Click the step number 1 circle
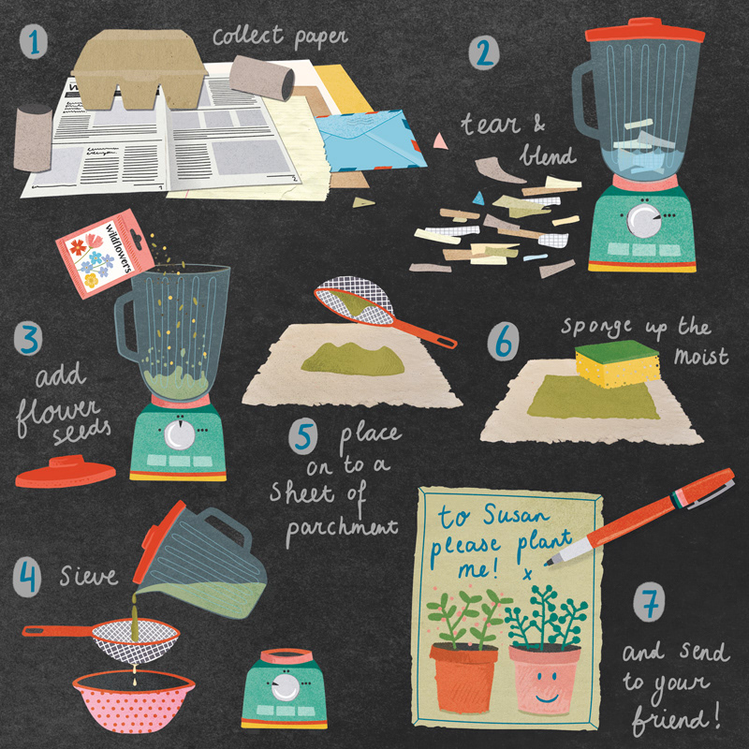(x=34, y=42)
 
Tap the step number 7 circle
(x=649, y=603)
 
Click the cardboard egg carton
(x=140, y=69)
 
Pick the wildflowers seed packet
(x=105, y=253)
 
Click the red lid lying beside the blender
(x=66, y=472)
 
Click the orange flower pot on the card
(x=464, y=678)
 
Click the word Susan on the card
(x=515, y=516)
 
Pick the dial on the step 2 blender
(x=644, y=220)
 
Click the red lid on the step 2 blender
(x=645, y=31)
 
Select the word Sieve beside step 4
(x=89, y=576)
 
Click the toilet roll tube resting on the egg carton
(x=262, y=78)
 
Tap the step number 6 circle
(x=503, y=341)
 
